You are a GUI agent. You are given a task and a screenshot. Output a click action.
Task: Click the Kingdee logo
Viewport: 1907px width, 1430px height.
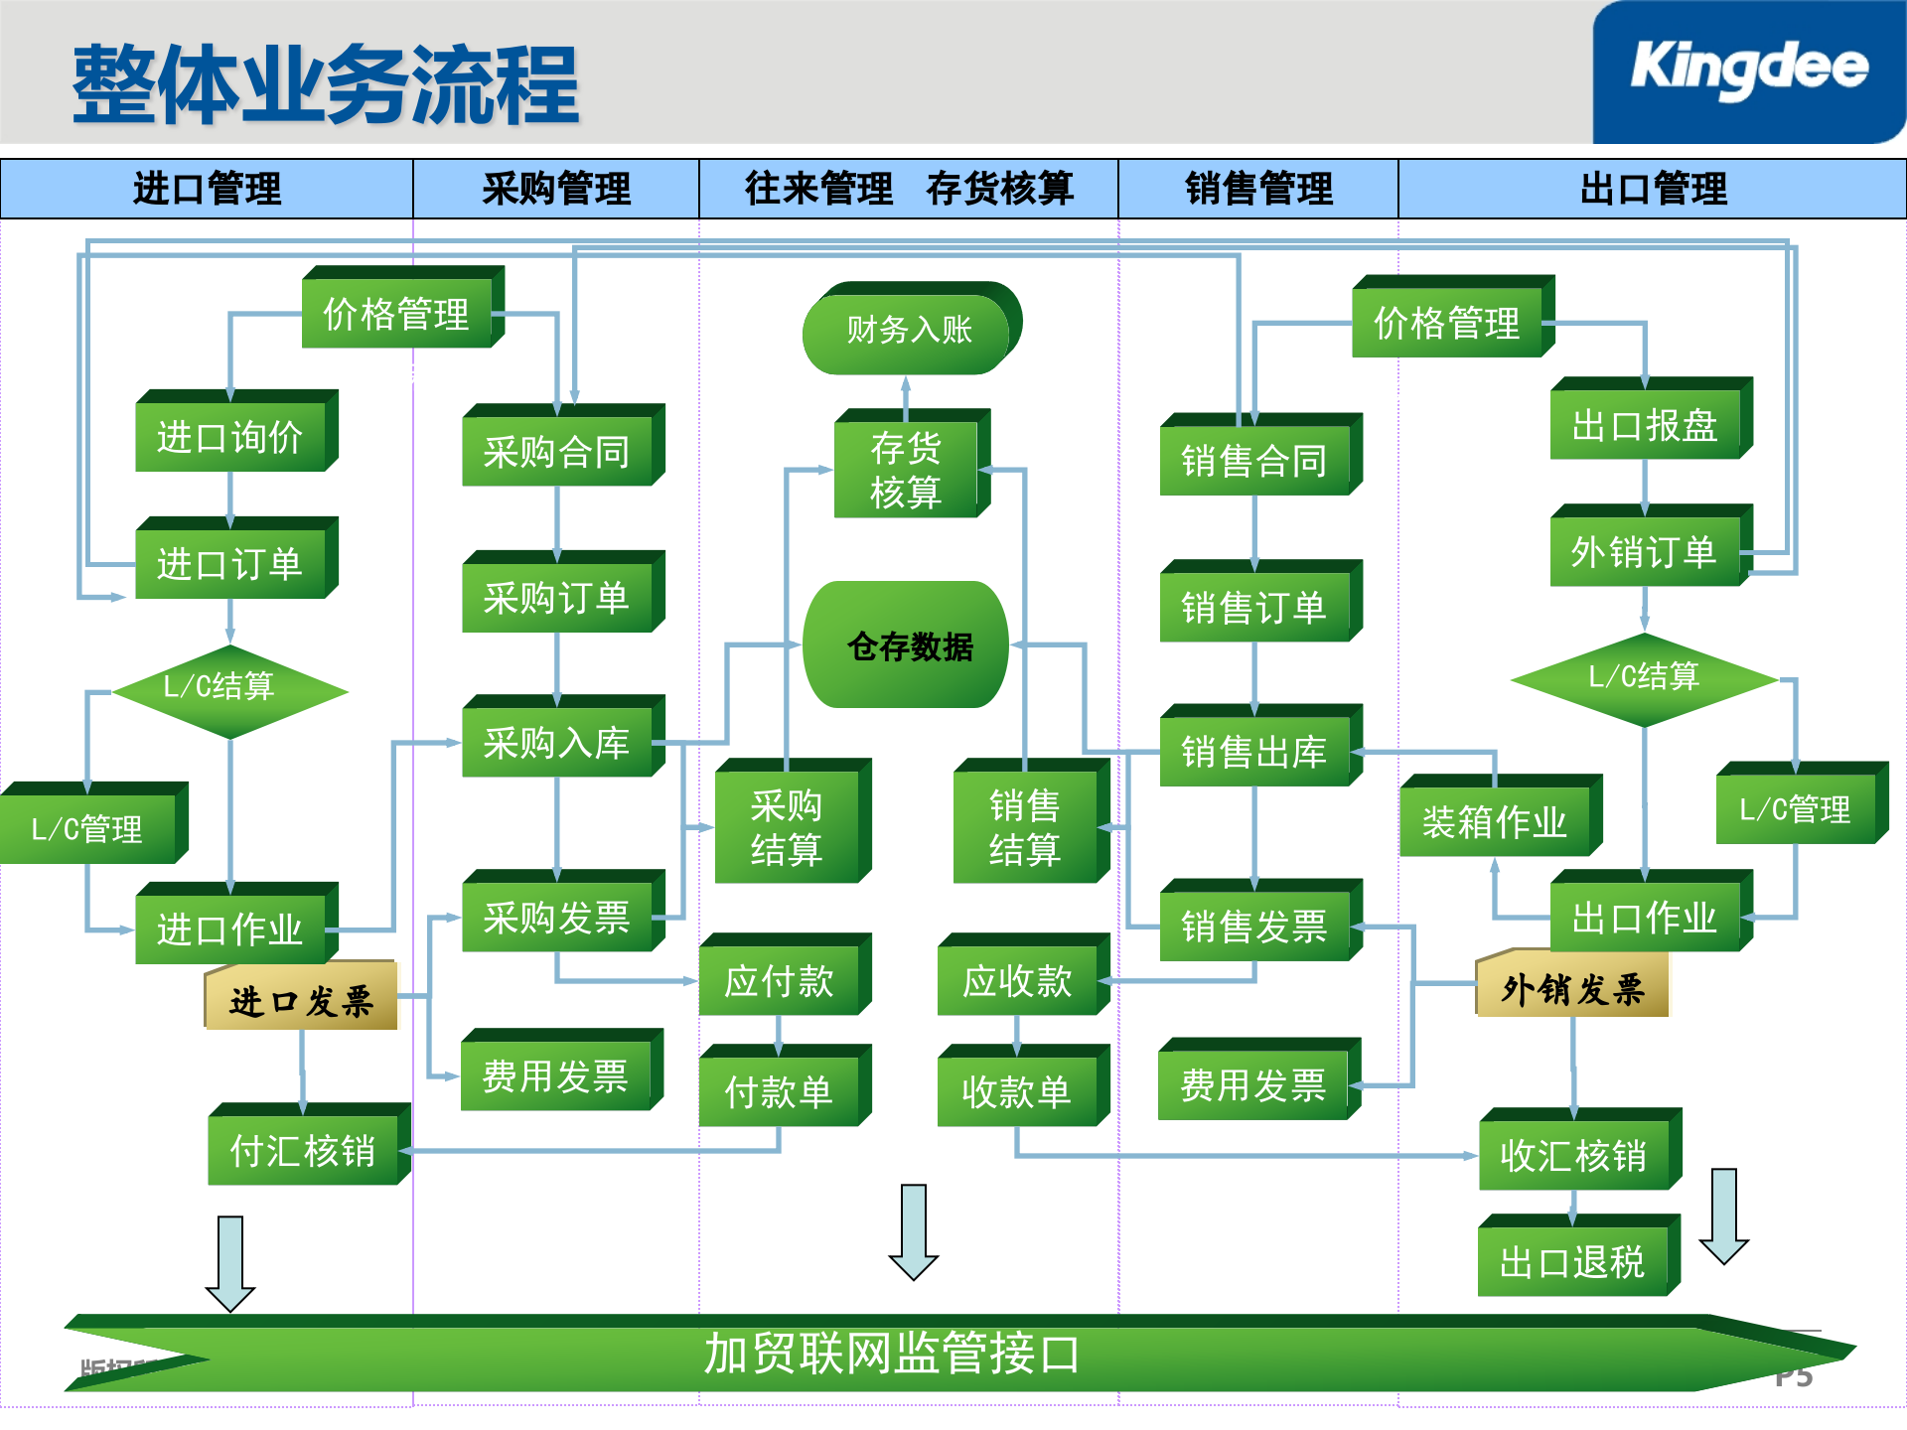pos(1748,70)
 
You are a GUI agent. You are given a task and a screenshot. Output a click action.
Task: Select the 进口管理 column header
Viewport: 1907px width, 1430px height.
pos(207,189)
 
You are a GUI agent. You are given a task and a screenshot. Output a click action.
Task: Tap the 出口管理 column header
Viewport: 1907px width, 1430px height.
pos(1653,189)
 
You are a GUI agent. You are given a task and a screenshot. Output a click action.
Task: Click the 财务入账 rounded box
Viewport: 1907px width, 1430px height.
pos(908,330)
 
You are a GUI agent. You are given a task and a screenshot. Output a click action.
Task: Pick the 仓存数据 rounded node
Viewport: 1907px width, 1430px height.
pos(908,645)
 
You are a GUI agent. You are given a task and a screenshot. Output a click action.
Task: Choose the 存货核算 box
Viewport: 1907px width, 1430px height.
pos(906,470)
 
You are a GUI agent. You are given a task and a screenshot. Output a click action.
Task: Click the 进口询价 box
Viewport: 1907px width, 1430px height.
pos(230,436)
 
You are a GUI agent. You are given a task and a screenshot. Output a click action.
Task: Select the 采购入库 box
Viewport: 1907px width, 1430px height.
pos(556,743)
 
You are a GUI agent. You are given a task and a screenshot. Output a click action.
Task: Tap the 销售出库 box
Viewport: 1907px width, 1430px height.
pos(1254,752)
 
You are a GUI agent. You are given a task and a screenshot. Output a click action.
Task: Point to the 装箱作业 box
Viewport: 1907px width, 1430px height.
pos(1494,821)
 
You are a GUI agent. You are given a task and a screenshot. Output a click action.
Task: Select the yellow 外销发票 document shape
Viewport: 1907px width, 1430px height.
pos(1572,989)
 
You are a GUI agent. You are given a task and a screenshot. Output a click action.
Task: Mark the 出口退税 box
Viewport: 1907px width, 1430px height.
pos(1572,1262)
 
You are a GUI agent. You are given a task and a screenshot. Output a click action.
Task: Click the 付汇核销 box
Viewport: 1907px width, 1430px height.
pos(303,1151)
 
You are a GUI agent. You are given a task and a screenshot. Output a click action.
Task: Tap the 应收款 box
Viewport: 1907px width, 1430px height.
pos(1017,981)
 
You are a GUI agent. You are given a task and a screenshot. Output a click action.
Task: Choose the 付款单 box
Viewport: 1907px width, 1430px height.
pos(779,1091)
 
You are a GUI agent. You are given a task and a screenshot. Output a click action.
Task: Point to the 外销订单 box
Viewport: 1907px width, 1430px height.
pos(1644,552)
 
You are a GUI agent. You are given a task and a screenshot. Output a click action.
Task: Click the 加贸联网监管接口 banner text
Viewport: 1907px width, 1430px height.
pos(891,1354)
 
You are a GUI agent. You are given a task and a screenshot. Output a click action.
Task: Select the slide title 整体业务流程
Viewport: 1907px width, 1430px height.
pos(326,85)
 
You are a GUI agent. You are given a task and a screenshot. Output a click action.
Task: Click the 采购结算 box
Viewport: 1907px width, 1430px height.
pos(787,827)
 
